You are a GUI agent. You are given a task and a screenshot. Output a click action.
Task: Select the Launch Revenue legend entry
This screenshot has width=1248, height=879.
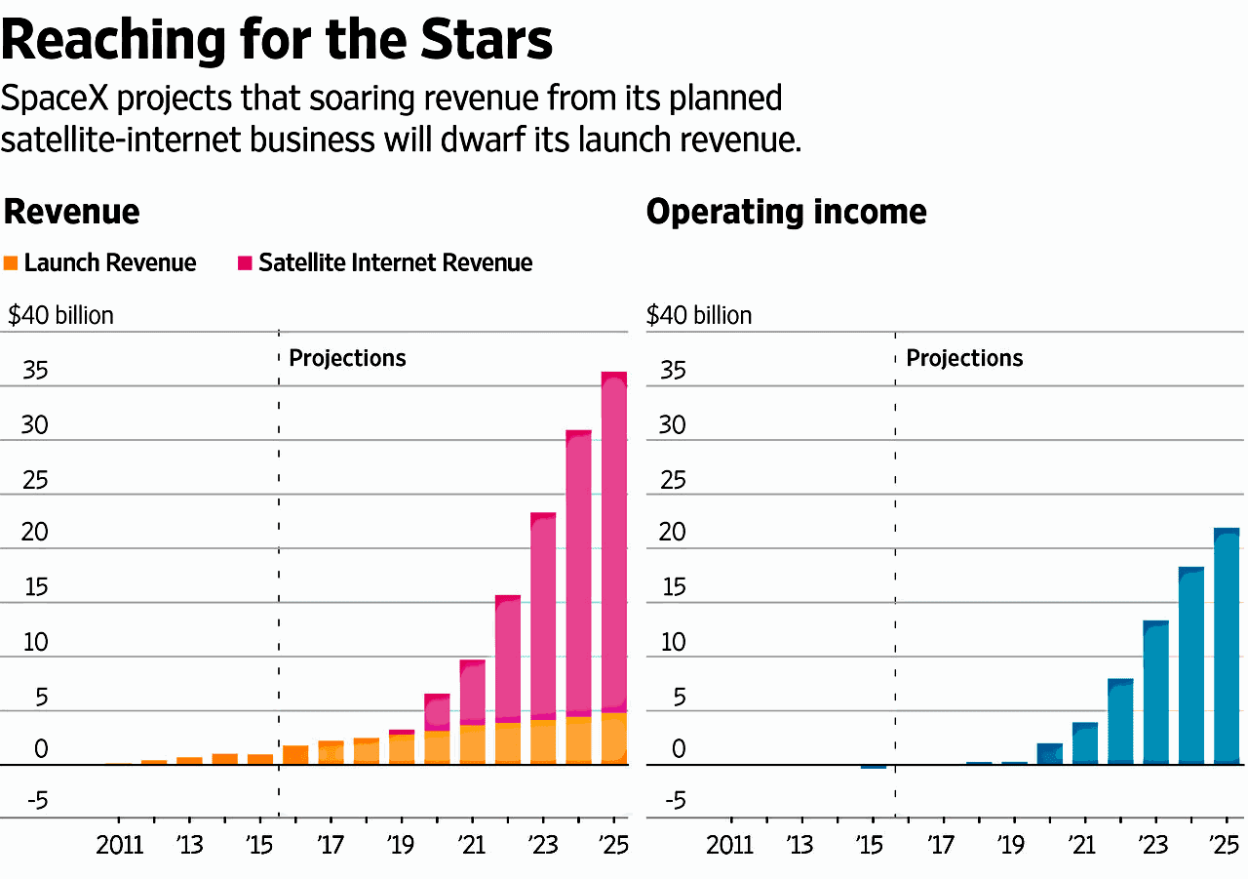[109, 262]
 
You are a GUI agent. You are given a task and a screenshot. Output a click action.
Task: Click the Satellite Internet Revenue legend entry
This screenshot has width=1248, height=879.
[395, 262]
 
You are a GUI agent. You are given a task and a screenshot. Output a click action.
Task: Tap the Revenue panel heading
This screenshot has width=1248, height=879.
[71, 211]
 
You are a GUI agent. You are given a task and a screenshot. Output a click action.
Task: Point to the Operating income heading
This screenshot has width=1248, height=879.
[786, 211]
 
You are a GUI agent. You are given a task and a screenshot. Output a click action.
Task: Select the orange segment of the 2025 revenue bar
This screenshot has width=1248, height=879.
[614, 739]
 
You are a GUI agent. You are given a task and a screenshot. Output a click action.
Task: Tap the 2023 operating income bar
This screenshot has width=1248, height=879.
[1155, 692]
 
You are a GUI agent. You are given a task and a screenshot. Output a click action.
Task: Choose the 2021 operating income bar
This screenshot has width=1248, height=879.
[1085, 742]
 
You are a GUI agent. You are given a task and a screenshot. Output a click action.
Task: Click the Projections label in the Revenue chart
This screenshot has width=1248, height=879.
[347, 358]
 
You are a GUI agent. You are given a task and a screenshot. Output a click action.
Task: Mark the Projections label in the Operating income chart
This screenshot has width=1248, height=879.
[964, 358]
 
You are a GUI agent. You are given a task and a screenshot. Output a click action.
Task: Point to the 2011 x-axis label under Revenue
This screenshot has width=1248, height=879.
[119, 844]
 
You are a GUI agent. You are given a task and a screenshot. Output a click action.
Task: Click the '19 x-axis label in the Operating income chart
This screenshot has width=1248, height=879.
[1011, 844]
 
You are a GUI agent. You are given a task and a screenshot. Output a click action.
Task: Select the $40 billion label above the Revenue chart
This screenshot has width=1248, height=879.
[60, 315]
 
